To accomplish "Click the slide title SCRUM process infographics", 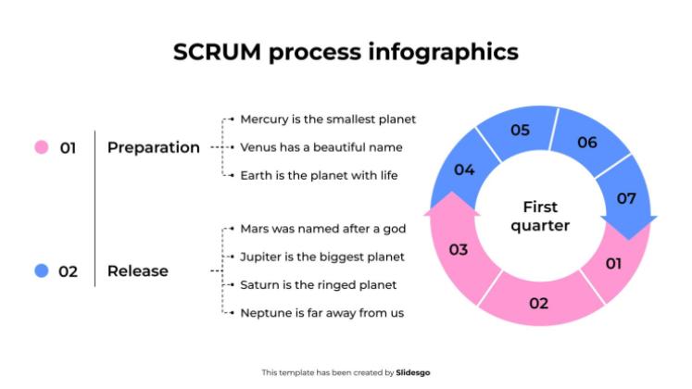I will [x=346, y=52].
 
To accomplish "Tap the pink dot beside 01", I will [x=41, y=147].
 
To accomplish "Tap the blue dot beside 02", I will [x=41, y=271].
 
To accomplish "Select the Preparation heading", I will [x=153, y=147].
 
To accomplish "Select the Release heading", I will [x=138, y=271].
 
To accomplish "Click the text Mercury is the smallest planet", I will [x=328, y=119].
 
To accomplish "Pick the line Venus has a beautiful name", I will [x=321, y=147].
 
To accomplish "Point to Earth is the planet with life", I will [x=319, y=175].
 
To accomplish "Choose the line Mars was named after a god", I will [x=321, y=228].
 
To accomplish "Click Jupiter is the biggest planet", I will [x=321, y=257].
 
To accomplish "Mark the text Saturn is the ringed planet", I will [x=318, y=284].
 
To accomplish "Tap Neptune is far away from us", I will [x=321, y=313].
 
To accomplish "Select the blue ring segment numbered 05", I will [x=520, y=131].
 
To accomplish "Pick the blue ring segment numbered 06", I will [x=587, y=143].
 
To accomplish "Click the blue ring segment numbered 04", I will [x=464, y=170].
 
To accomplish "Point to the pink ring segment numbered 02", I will [x=538, y=303].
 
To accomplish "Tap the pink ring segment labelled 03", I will [x=459, y=249].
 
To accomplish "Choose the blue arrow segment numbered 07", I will [x=626, y=197].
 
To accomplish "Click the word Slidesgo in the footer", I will [x=412, y=372].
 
